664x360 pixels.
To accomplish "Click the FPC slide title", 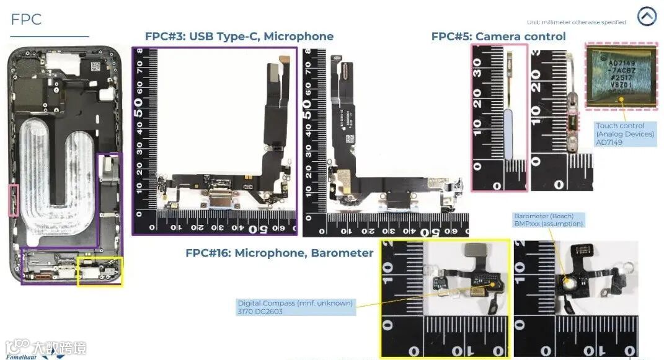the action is (x=26, y=19).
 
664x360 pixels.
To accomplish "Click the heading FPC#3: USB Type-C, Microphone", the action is (x=239, y=37).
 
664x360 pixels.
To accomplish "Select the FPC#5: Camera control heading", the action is (x=498, y=37).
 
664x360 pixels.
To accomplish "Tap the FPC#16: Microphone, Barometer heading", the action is (x=279, y=253).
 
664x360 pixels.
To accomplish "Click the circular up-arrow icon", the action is (x=646, y=17).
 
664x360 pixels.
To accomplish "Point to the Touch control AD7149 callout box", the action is (x=625, y=134).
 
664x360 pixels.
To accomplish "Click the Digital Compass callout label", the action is (x=295, y=307).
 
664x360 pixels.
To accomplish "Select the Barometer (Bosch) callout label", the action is (x=548, y=220).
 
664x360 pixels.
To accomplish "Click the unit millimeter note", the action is (x=576, y=22).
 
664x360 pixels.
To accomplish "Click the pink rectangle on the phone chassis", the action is (x=13, y=200).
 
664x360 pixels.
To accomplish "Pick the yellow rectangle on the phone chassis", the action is (x=100, y=271).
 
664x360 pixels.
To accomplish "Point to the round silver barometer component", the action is (x=570, y=284).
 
